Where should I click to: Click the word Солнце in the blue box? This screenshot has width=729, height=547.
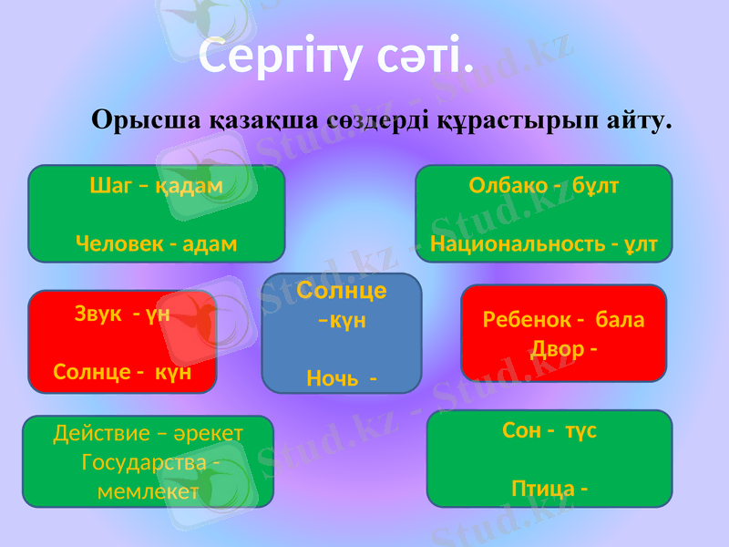(x=342, y=291)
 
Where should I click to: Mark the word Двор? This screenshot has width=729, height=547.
(x=556, y=349)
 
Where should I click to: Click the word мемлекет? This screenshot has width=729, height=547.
(x=148, y=491)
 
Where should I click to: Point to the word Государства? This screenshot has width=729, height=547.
(x=143, y=462)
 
